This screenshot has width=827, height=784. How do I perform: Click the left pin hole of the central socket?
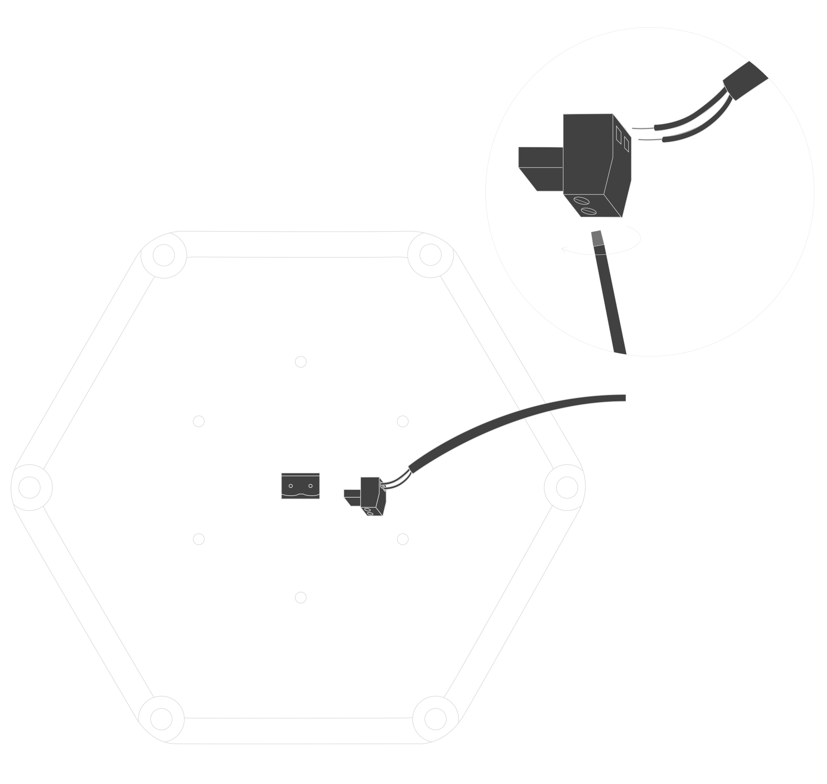tap(291, 486)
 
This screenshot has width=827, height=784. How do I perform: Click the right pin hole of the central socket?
tap(311, 486)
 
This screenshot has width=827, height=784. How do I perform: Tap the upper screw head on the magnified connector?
tap(581, 201)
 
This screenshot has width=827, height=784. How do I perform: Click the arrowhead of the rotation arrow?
tap(564, 250)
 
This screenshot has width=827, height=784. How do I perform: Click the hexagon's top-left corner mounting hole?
tap(163, 255)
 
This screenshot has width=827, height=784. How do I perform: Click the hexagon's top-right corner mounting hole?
tap(430, 254)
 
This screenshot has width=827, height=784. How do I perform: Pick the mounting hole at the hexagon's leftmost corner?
tap(29, 487)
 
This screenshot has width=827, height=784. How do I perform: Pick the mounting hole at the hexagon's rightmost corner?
tap(567, 487)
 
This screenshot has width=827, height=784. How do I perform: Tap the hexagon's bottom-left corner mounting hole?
tap(161, 719)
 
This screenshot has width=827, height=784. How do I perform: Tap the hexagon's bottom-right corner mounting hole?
tap(435, 719)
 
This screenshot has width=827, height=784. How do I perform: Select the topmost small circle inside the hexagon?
tap(301, 362)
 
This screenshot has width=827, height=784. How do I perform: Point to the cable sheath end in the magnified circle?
tap(746, 81)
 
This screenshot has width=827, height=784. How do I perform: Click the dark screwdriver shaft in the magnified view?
tap(611, 301)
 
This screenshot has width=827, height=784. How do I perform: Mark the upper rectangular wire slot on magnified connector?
tap(619, 134)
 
